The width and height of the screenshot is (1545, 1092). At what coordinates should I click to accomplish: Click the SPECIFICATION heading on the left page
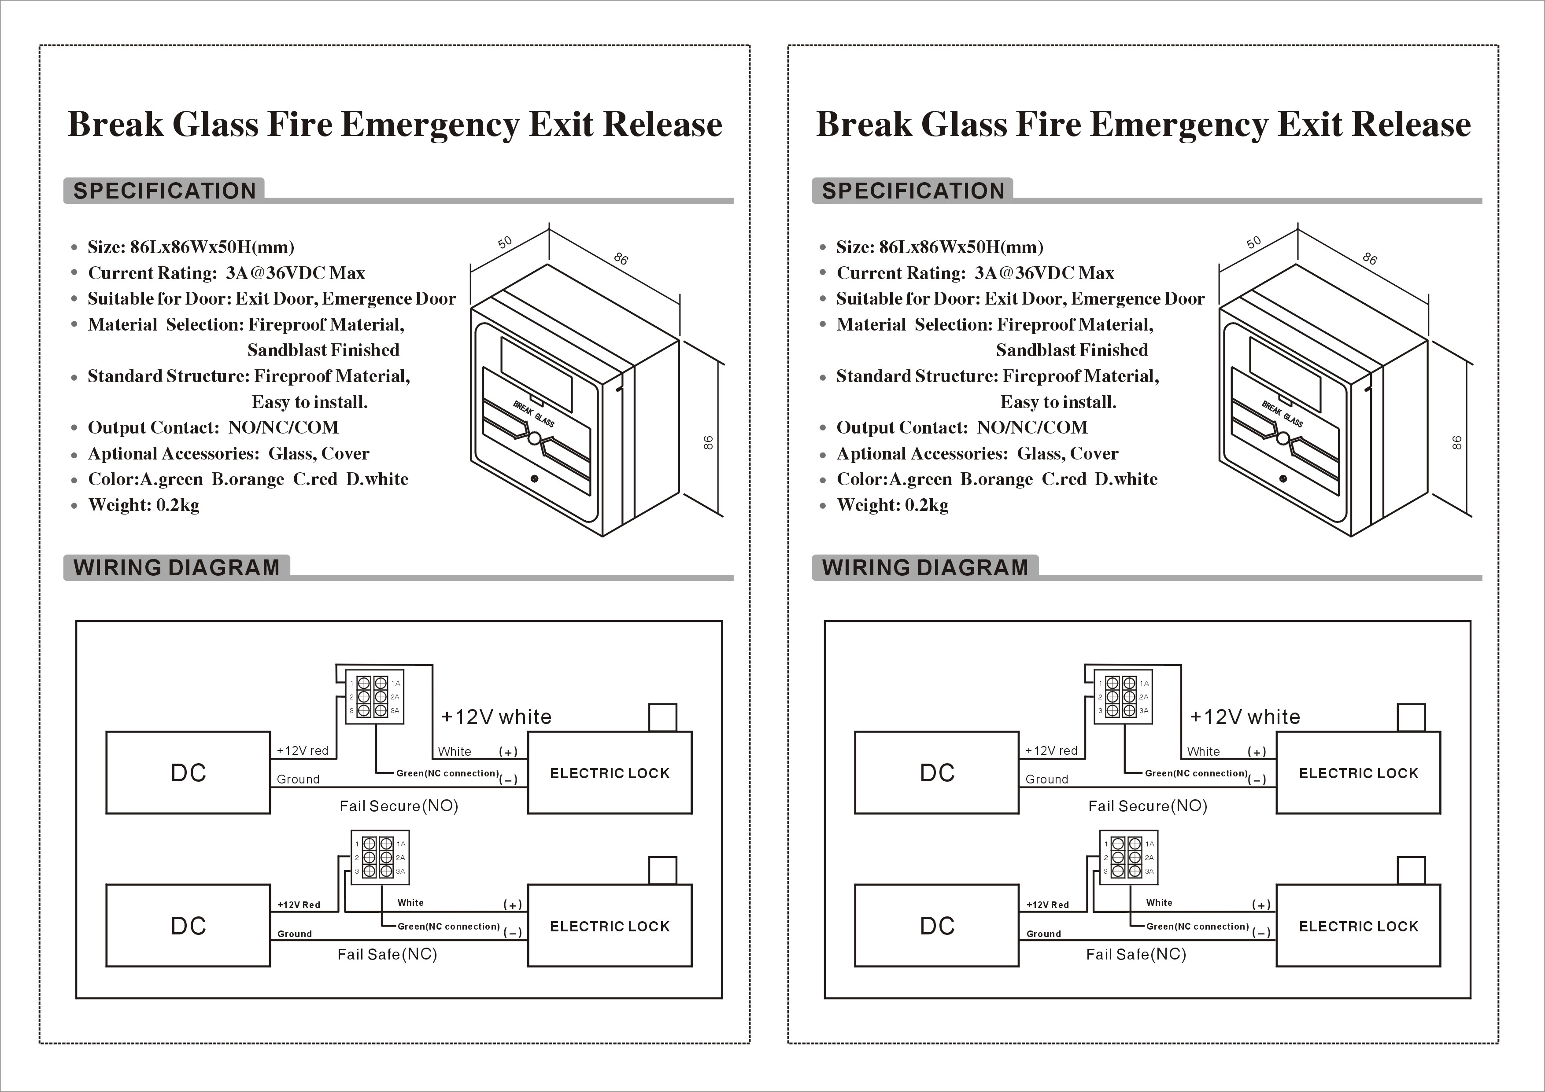[x=164, y=191]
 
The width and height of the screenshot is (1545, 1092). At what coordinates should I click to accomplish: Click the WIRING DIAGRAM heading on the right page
[x=925, y=567]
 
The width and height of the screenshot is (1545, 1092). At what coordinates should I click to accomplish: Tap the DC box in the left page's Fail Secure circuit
[x=189, y=772]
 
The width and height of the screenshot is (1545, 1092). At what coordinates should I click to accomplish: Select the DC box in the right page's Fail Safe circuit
[x=937, y=926]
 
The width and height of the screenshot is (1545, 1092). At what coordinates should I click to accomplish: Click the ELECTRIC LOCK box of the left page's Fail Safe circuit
[x=610, y=926]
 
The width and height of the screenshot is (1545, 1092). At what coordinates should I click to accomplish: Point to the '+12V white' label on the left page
[x=496, y=717]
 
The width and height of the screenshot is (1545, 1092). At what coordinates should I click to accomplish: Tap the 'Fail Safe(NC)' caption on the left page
[x=387, y=954]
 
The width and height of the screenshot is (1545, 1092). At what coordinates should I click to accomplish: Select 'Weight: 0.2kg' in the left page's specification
[x=144, y=505]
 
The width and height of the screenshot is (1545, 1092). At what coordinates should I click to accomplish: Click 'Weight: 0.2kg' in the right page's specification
[x=892, y=505]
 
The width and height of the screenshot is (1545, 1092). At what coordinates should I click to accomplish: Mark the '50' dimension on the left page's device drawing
[x=505, y=242]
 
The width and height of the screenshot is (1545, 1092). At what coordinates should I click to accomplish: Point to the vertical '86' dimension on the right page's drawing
[x=1456, y=442]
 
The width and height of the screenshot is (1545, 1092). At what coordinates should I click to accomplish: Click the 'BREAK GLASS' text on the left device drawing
[x=534, y=414]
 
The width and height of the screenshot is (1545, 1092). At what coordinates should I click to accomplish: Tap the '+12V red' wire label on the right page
[x=1051, y=750]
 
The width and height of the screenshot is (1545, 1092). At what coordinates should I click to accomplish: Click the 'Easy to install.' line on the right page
[x=1058, y=402]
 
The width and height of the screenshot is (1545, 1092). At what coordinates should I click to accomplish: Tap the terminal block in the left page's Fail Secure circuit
[x=374, y=697]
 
